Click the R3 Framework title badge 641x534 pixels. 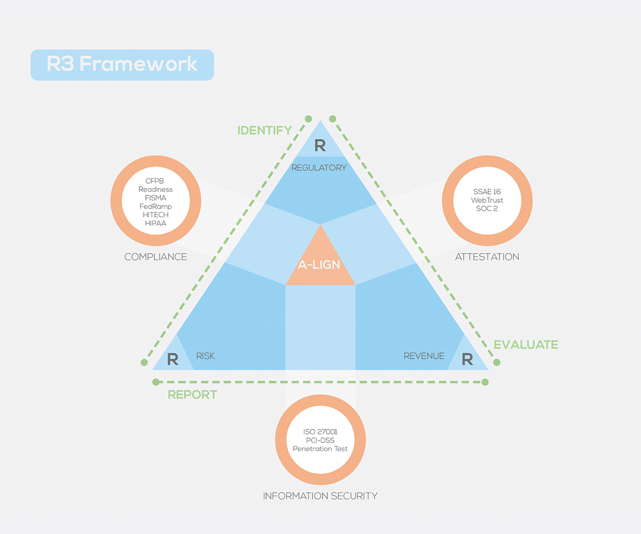pyautogui.click(x=122, y=65)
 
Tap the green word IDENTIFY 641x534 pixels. pyautogui.click(x=264, y=130)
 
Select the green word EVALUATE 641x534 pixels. pyautogui.click(x=526, y=345)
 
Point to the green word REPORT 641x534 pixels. pyautogui.click(x=192, y=395)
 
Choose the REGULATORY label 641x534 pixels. pyautogui.click(x=319, y=168)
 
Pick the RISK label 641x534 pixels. pyautogui.click(x=205, y=356)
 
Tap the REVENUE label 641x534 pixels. pyautogui.click(x=424, y=356)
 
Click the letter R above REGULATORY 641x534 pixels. pyautogui.click(x=319, y=145)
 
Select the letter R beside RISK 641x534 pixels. pyautogui.click(x=173, y=359)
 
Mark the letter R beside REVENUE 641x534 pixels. pyautogui.click(x=467, y=359)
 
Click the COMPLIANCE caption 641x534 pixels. pyautogui.click(x=155, y=257)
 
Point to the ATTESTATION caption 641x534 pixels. pyautogui.click(x=487, y=257)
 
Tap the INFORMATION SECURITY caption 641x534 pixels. pyautogui.click(x=320, y=496)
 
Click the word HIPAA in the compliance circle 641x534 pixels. pyautogui.click(x=155, y=223)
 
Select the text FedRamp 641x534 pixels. pyautogui.click(x=155, y=206)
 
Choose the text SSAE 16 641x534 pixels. pyautogui.click(x=487, y=191)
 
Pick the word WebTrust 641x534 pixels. pyautogui.click(x=487, y=200)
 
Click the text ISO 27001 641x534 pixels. pyautogui.click(x=320, y=431)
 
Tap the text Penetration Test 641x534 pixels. pyautogui.click(x=320, y=449)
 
